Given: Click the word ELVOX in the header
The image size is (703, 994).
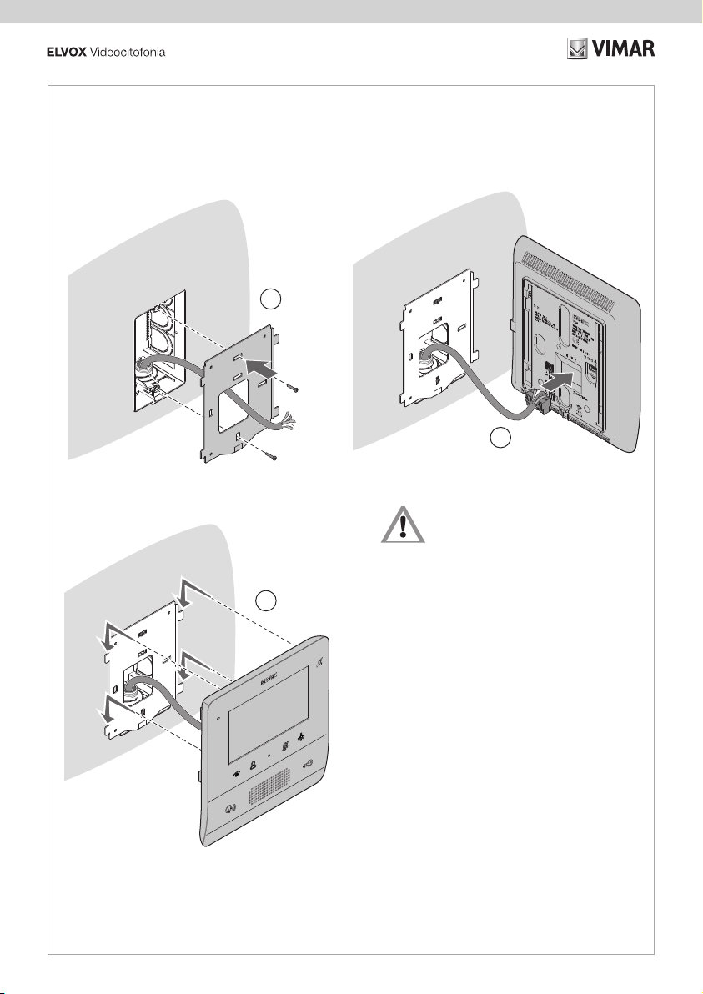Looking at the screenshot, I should pyautogui.click(x=64, y=53).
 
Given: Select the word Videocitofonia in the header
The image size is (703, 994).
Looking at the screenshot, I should pyautogui.click(x=127, y=53).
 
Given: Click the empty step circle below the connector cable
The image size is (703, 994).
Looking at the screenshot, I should pyautogui.click(x=498, y=438).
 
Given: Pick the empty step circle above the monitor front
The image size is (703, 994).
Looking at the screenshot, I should pyautogui.click(x=266, y=599).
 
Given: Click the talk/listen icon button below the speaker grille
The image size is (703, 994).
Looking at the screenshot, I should pyautogui.click(x=229, y=808).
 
